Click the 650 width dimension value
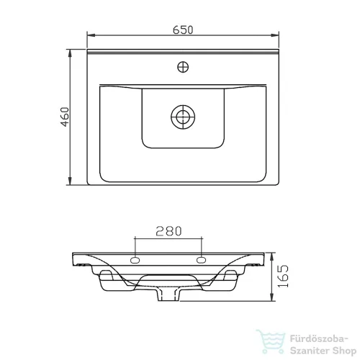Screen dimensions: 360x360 coord(183,30)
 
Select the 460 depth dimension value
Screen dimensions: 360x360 coord(65,117)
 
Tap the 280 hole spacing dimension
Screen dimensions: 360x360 coord(168,231)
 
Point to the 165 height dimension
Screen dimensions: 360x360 coord(283,276)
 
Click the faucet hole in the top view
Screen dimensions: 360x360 coord(183,67)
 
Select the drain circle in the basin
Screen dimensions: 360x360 coord(183,117)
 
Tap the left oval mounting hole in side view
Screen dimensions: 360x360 coord(135,260)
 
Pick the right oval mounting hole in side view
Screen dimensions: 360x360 coord(201,260)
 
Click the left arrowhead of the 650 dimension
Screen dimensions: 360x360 coord(91,35)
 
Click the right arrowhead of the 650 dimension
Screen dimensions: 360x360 coord(275,35)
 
